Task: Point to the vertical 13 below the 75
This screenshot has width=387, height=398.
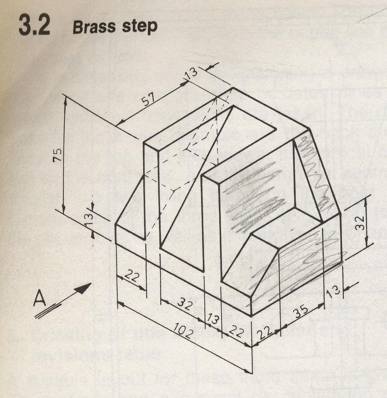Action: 89,219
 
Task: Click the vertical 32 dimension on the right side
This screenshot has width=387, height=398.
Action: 359,223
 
